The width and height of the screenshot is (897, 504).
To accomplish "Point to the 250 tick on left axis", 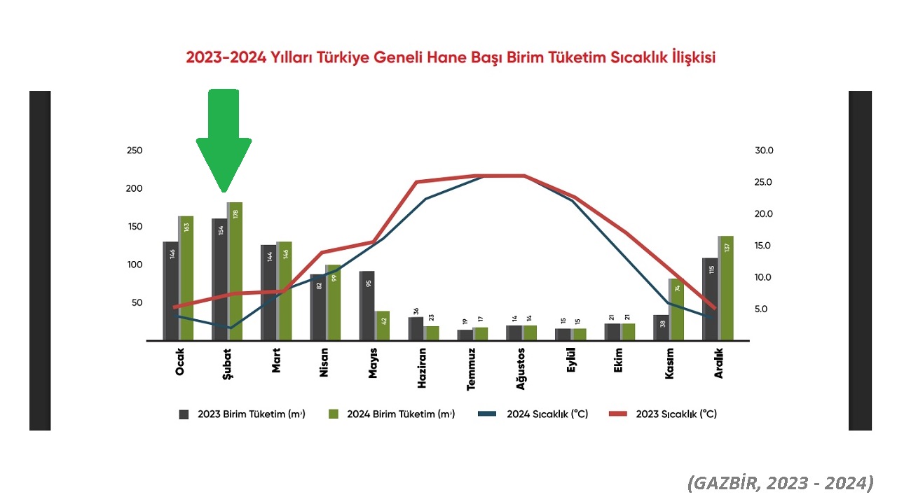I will (134, 150).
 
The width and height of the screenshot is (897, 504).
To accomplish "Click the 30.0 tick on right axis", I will (764, 150).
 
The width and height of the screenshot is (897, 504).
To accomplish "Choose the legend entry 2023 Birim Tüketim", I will (242, 414).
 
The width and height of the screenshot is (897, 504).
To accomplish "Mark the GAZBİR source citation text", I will (780, 483).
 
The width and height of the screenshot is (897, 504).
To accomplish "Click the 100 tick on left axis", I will (134, 265).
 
